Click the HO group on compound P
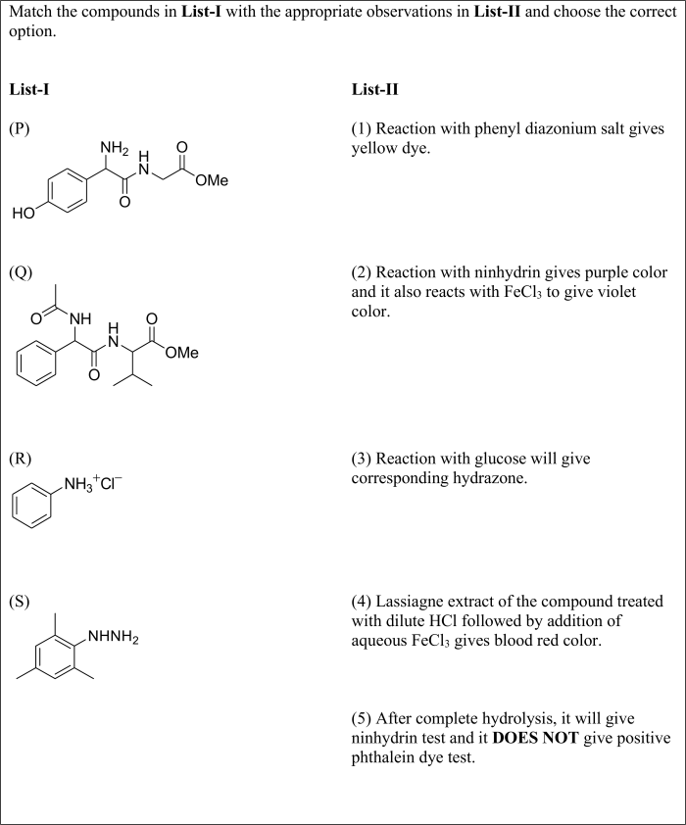(x=23, y=213)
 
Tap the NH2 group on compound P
(x=116, y=148)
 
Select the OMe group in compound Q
(x=181, y=353)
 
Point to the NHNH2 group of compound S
(x=113, y=640)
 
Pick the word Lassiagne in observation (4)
(x=407, y=600)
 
